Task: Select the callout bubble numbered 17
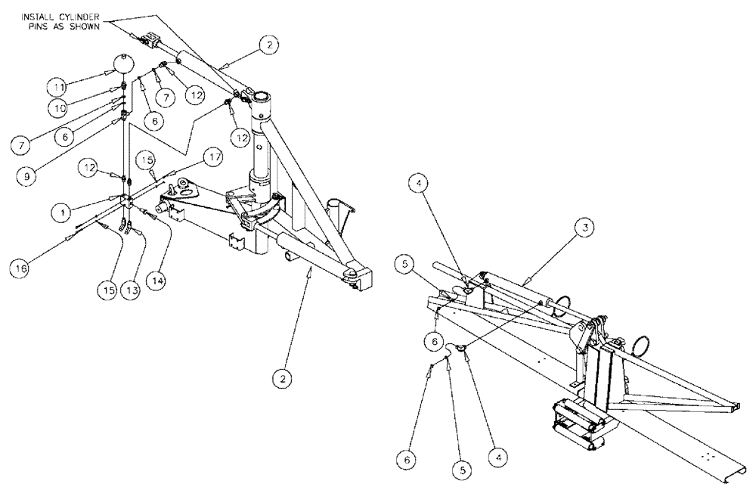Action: [x=213, y=158]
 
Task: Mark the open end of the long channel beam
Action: [x=725, y=476]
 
